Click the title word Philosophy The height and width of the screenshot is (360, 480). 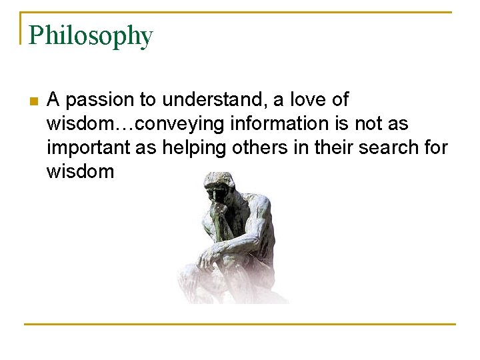[x=91, y=35]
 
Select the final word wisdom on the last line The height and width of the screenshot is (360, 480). [x=80, y=172]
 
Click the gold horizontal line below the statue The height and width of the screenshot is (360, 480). [x=240, y=324]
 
